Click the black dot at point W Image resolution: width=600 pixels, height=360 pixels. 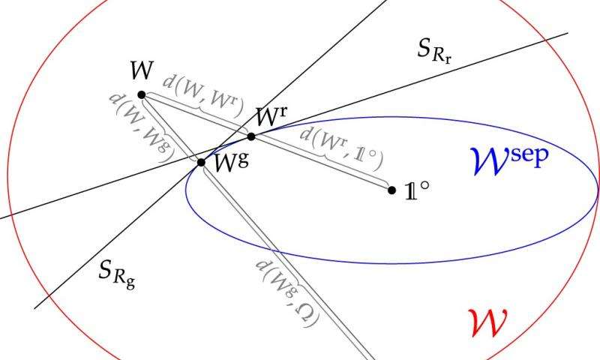(142, 94)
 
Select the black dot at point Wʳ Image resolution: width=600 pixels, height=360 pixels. (251, 136)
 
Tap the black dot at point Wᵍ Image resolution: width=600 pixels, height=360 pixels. (201, 162)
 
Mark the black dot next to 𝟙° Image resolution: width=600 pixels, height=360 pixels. (391, 190)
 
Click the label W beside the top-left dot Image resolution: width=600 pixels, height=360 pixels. (142, 73)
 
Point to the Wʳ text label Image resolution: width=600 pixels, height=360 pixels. (271, 117)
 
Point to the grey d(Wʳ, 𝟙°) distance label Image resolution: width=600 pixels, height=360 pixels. (341, 147)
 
